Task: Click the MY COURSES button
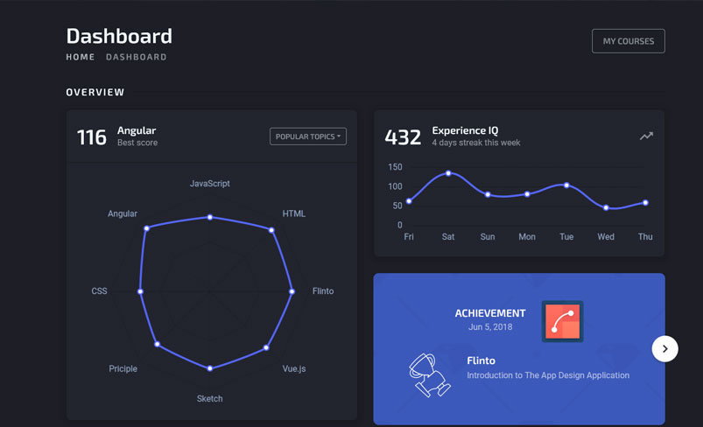pyautogui.click(x=628, y=41)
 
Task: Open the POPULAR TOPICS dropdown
pyautogui.click(x=308, y=136)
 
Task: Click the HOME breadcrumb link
pyautogui.click(x=81, y=57)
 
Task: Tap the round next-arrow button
pyautogui.click(x=664, y=348)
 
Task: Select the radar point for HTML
pyautogui.click(x=271, y=230)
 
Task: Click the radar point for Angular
pyautogui.click(x=147, y=228)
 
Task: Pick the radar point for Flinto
pyautogui.click(x=292, y=291)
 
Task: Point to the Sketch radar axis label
pyautogui.click(x=209, y=399)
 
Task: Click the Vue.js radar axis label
pyautogui.click(x=294, y=368)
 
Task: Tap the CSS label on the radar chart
pyautogui.click(x=100, y=291)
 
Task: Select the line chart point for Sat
pyautogui.click(x=448, y=173)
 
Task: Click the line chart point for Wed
pyautogui.click(x=606, y=208)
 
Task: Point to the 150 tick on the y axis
pyautogui.click(x=395, y=167)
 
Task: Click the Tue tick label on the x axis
pyautogui.click(x=566, y=237)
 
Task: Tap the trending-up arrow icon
pyautogui.click(x=646, y=136)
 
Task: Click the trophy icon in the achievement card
pyautogui.click(x=428, y=374)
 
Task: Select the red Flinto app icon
pyautogui.click(x=562, y=321)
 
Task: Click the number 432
pyautogui.click(x=403, y=137)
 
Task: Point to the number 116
pyautogui.click(x=92, y=137)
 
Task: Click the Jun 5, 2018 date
pyautogui.click(x=490, y=327)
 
